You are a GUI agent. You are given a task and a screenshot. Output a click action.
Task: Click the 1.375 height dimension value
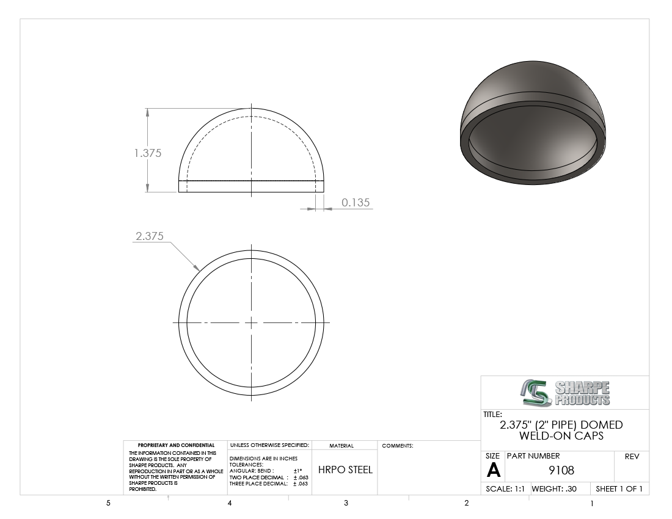click(148, 153)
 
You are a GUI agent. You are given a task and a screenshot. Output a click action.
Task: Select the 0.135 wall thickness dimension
click(356, 202)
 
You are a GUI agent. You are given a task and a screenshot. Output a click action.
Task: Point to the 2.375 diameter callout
click(150, 236)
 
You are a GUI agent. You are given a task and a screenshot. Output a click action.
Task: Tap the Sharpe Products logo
click(565, 393)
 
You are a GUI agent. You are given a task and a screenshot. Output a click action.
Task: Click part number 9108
click(561, 470)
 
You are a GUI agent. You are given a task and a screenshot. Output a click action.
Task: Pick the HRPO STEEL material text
click(345, 470)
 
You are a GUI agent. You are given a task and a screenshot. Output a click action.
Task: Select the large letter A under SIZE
click(493, 470)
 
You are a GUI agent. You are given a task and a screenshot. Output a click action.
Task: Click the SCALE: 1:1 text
click(505, 488)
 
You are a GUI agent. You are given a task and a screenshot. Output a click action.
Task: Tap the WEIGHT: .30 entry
click(554, 488)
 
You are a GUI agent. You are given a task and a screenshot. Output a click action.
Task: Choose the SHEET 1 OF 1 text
click(619, 488)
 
